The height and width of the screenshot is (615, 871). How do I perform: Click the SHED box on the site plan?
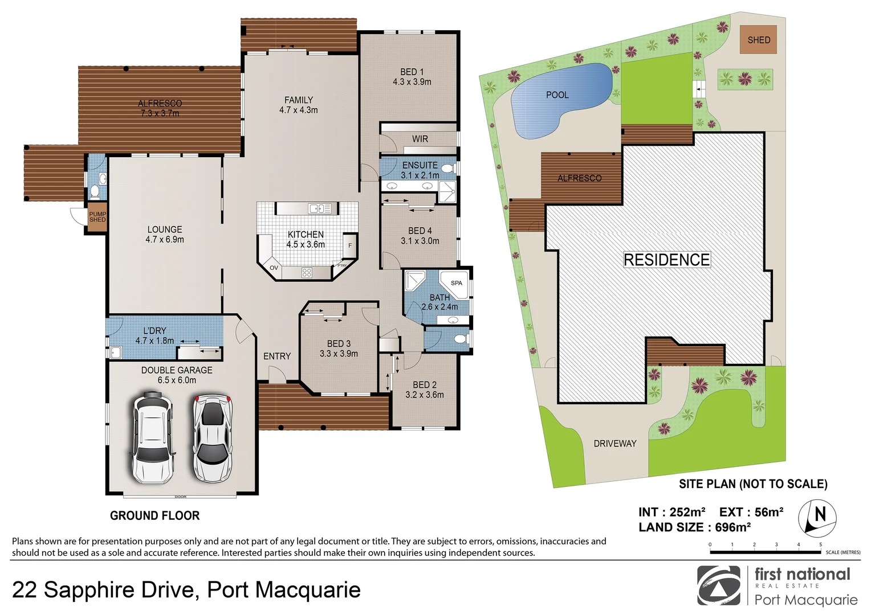(x=758, y=40)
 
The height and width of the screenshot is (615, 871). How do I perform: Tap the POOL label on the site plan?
(x=557, y=95)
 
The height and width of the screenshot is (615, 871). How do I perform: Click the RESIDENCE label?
(x=666, y=260)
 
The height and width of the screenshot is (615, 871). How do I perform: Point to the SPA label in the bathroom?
(x=457, y=283)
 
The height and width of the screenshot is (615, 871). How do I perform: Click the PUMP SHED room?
(x=97, y=217)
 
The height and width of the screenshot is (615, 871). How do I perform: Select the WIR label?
(x=420, y=139)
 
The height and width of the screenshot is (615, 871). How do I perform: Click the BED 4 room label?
(x=420, y=231)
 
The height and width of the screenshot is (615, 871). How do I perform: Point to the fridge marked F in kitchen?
(x=350, y=245)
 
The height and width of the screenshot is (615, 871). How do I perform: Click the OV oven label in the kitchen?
(x=274, y=268)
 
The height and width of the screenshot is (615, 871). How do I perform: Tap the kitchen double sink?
(x=320, y=208)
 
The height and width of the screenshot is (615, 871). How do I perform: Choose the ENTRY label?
(x=277, y=356)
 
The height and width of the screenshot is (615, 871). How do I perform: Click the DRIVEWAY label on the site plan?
(x=614, y=443)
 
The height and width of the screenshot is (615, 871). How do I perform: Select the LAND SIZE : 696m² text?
(x=694, y=527)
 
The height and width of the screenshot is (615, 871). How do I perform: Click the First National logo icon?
(x=718, y=585)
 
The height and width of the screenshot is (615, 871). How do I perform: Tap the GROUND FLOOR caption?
(x=154, y=515)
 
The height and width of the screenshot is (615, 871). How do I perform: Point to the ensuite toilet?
(x=447, y=169)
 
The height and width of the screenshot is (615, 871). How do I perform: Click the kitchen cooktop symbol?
(x=307, y=272)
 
